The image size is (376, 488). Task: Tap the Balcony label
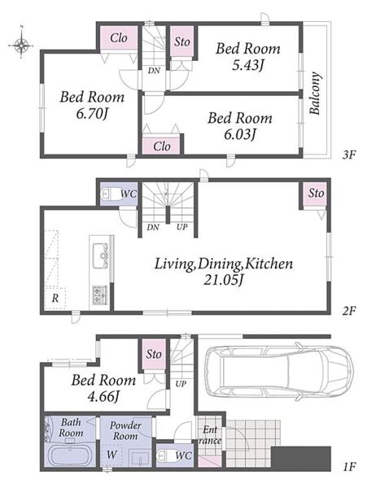315,94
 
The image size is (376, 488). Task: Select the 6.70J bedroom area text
92,114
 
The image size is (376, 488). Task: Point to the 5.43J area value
248,65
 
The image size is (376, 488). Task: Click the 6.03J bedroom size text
240,134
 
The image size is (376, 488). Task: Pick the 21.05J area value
223,280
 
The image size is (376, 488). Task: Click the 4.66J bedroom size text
103,397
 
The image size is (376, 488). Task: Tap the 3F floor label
348,155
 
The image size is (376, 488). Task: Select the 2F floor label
349,311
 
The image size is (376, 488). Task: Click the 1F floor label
349,467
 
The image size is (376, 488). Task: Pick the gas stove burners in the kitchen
99,295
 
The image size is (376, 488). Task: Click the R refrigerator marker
55,298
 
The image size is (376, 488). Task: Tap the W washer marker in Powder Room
111,455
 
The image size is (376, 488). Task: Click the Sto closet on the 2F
316,194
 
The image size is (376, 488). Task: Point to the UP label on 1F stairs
181,383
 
